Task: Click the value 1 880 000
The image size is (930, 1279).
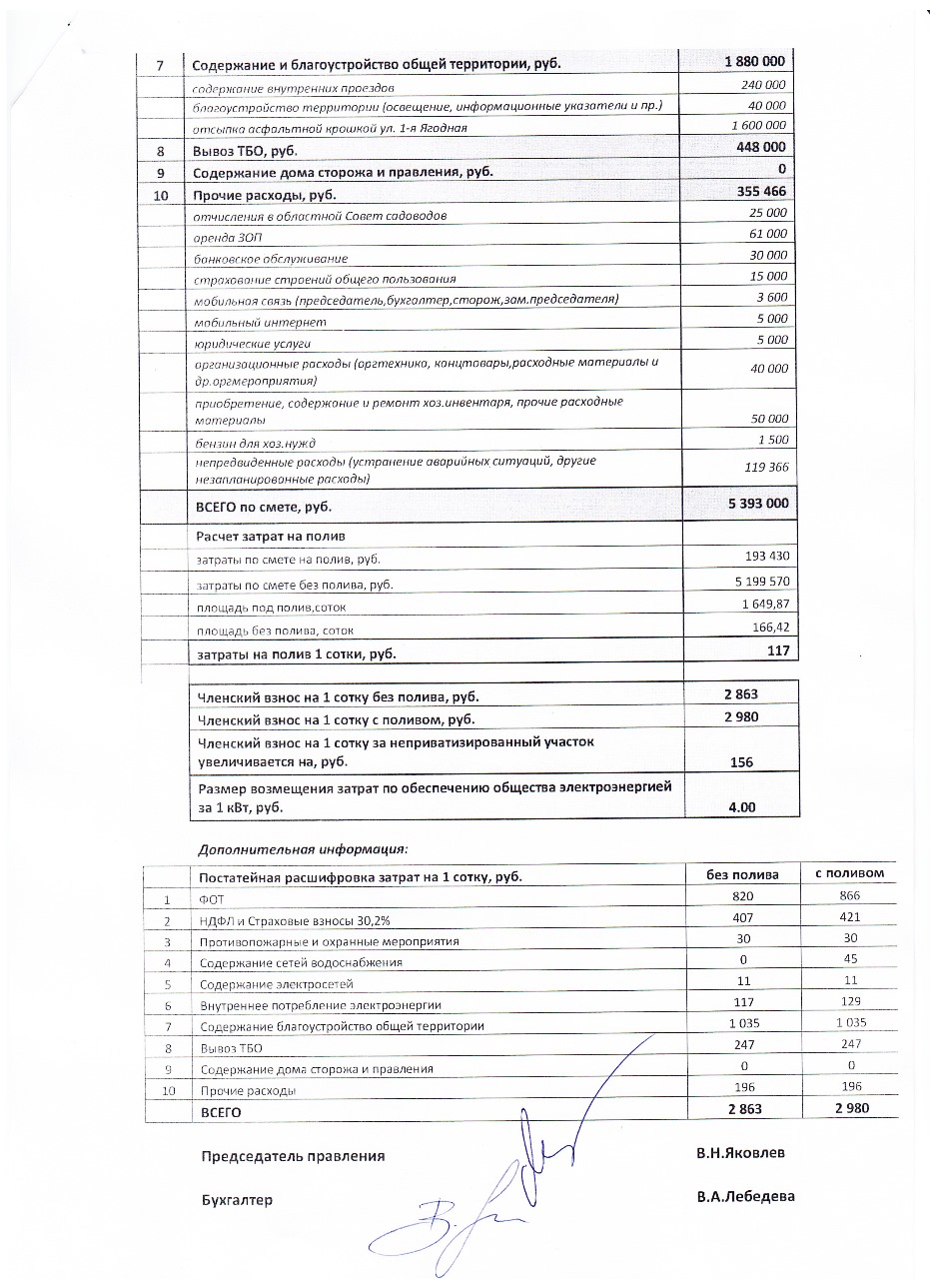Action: tap(754, 62)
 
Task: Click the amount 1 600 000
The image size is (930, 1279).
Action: tap(759, 126)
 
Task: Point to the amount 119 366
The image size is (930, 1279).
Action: tap(766, 467)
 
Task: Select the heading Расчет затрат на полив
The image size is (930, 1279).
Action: tap(263, 537)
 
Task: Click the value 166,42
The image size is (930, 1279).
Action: tap(769, 628)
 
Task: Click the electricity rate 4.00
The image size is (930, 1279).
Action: tap(741, 807)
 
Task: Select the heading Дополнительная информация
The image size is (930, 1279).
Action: tap(303, 849)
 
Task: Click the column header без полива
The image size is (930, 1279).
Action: tap(740, 873)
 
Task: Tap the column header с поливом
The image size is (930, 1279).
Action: tap(849, 873)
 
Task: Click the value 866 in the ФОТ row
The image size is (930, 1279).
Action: tap(849, 896)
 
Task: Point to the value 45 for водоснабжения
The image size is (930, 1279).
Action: tap(849, 962)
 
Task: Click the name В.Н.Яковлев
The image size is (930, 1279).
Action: tap(740, 1152)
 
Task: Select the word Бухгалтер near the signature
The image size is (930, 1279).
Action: tap(237, 1199)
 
